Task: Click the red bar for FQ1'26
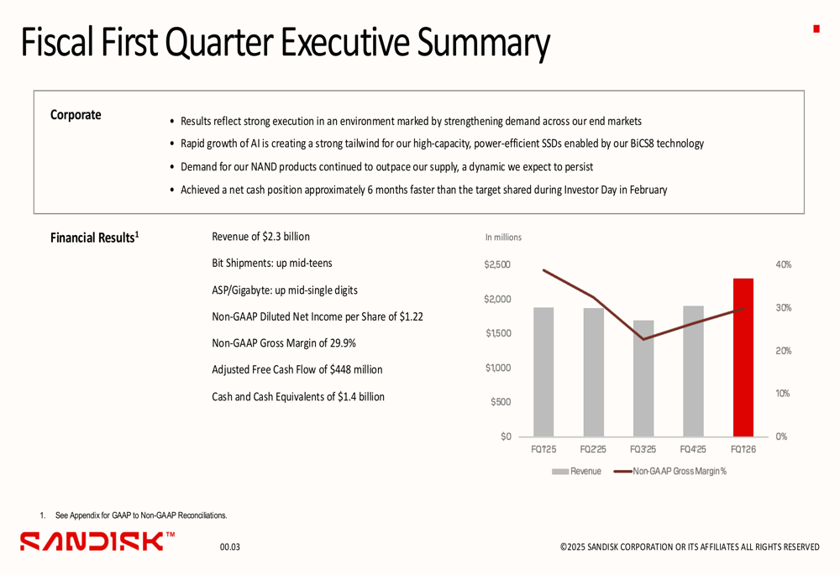(x=743, y=358)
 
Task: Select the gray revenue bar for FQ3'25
(x=643, y=378)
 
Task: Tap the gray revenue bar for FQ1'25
(x=543, y=372)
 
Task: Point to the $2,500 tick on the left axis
(x=496, y=264)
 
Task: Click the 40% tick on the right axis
(x=783, y=264)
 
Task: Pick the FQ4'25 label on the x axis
(x=693, y=450)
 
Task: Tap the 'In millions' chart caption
(x=503, y=238)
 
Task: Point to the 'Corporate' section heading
(x=76, y=115)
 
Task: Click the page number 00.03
(x=229, y=547)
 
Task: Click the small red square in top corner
(x=816, y=29)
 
